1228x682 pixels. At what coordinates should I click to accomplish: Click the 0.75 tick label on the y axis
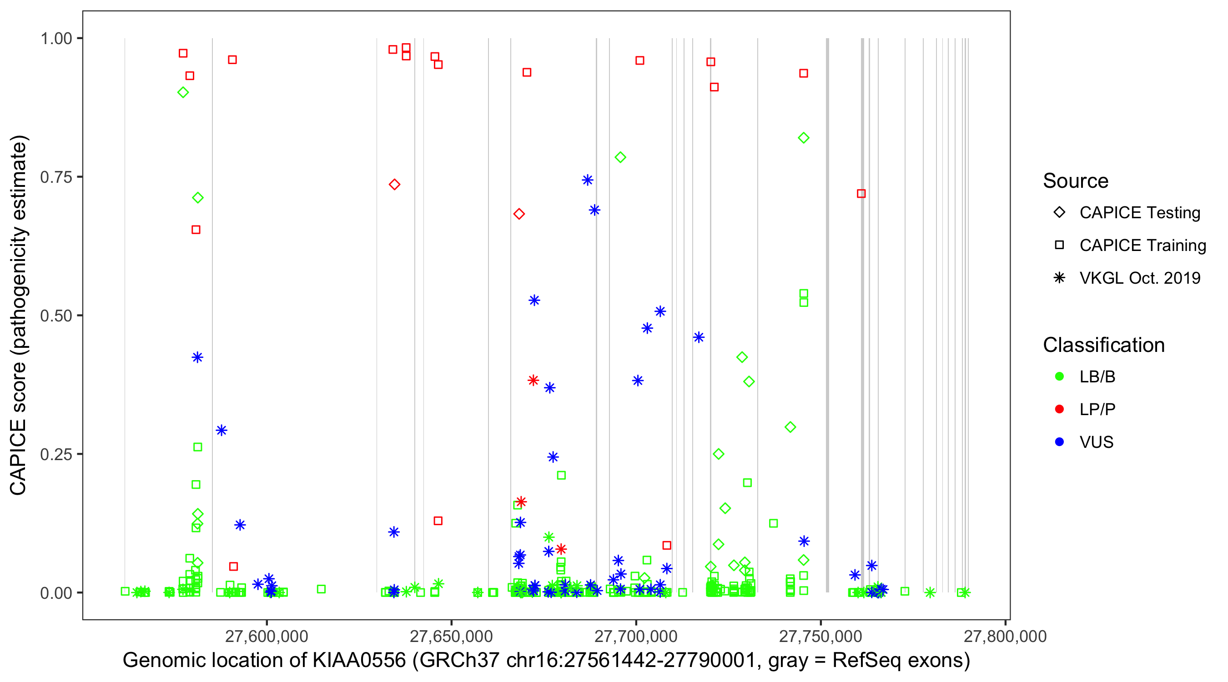tap(55, 177)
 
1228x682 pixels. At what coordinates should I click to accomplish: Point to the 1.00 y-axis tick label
tap(55, 39)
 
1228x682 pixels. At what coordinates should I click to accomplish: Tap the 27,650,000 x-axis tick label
tap(451, 637)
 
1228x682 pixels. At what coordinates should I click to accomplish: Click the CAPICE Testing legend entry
tap(1139, 213)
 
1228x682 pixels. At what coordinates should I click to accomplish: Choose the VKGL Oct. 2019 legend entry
tap(1139, 278)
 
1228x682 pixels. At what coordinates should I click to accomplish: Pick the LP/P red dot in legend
tap(1060, 409)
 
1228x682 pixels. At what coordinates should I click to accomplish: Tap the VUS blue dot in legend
tap(1060, 442)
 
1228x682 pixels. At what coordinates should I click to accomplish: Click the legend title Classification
tap(1103, 345)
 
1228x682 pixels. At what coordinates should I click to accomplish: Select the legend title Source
tap(1076, 181)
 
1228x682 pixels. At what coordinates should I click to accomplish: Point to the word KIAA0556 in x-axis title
tap(359, 661)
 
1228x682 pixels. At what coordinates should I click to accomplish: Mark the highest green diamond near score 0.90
tap(183, 92)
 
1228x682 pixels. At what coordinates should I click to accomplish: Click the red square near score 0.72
tap(861, 194)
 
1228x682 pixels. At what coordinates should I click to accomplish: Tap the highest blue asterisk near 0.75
tap(587, 180)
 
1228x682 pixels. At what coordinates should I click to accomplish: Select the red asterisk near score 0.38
tap(533, 380)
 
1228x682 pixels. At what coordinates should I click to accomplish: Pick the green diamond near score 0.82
tap(804, 138)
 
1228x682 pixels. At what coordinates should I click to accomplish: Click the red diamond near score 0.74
tap(394, 185)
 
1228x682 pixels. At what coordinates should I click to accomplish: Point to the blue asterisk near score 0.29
tap(221, 431)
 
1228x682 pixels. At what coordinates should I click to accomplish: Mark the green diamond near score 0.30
tap(790, 427)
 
